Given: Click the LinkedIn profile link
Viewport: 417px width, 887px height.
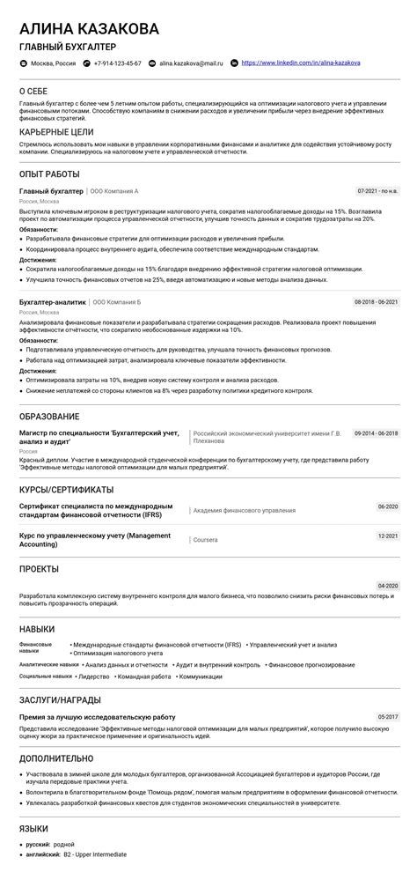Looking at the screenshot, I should (300, 63).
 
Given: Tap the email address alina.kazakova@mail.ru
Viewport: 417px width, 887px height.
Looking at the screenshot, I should (191, 63).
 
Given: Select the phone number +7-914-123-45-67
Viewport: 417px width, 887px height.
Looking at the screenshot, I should (117, 63).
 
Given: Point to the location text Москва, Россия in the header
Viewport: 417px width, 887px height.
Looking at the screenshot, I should (53, 63).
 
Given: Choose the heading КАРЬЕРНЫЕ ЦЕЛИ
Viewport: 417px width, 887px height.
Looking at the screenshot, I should (55, 131).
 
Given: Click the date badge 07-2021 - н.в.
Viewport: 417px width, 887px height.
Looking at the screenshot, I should (377, 190).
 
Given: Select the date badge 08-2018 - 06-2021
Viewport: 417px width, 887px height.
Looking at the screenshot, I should (376, 301).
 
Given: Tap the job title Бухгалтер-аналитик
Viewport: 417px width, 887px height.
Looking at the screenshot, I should (53, 301).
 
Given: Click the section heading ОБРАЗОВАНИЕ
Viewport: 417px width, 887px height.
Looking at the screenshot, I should (49, 416).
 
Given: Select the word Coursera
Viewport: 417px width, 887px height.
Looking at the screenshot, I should (206, 540).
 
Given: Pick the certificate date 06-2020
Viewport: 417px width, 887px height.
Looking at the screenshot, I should (387, 506).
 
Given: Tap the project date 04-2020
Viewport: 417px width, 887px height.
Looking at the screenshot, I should (387, 586).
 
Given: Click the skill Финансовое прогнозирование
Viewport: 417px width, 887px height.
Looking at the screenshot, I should (305, 664).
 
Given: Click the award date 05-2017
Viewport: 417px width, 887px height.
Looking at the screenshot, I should (387, 717).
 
